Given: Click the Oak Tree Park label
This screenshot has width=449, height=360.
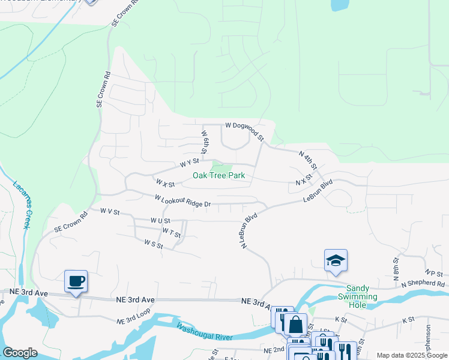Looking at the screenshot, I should [218, 176].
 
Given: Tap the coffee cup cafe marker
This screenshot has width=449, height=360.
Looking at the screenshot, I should [76, 281].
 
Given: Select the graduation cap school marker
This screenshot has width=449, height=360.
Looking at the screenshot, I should [336, 260].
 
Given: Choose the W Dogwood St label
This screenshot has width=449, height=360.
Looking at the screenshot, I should [244, 129].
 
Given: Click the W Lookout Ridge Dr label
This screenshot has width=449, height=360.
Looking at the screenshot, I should [182, 200].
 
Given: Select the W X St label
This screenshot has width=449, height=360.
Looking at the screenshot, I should [165, 182].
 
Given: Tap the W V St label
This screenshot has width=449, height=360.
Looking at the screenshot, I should [110, 212].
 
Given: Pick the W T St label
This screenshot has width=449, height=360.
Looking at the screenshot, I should [171, 232].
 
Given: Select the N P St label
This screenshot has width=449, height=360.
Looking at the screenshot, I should [433, 272].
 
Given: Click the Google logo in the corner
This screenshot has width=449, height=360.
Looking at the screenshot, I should [20, 353].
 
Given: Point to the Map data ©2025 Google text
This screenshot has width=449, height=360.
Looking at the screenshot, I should [411, 355].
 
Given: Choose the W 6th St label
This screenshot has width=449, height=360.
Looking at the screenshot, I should [205, 142].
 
